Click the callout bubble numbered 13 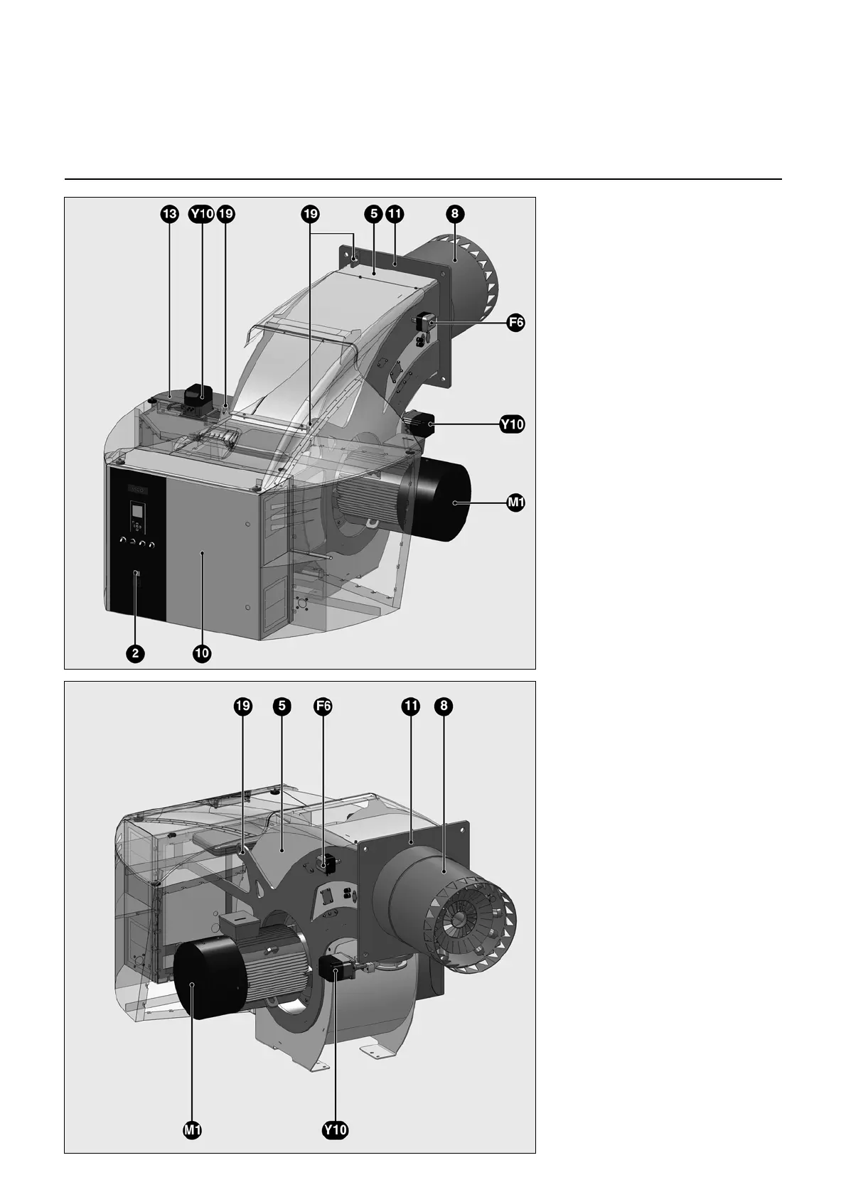pyautogui.click(x=168, y=214)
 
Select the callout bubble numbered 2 pyautogui.click(x=136, y=654)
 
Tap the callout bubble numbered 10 pyautogui.click(x=202, y=654)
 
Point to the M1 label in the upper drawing pyautogui.click(x=515, y=503)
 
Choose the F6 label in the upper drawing pyautogui.click(x=515, y=323)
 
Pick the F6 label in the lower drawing pyautogui.click(x=323, y=707)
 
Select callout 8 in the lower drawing pyautogui.click(x=444, y=707)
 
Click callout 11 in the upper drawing pyautogui.click(x=395, y=214)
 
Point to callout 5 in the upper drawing pyautogui.click(x=374, y=214)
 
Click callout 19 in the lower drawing pyautogui.click(x=243, y=707)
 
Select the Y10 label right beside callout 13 pyautogui.click(x=201, y=214)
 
